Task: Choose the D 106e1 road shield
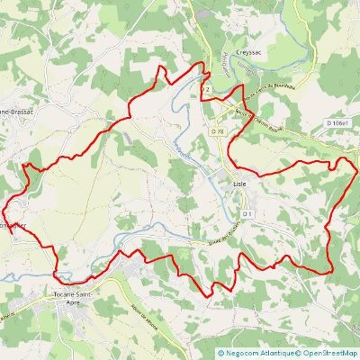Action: tap(338, 122)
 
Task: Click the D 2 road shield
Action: tap(207, 91)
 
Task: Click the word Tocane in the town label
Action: tap(63, 294)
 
